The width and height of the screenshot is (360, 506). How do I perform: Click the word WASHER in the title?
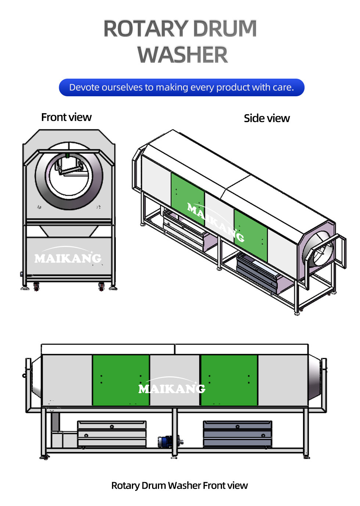click(183, 55)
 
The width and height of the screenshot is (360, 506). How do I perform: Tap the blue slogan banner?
click(181, 87)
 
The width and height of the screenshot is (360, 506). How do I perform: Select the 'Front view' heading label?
click(66, 117)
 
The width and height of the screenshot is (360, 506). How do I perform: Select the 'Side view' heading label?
click(267, 118)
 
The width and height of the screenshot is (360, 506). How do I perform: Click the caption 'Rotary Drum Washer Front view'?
click(179, 485)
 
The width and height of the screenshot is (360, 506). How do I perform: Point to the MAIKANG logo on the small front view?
click(68, 258)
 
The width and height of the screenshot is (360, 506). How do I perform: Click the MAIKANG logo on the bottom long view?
click(172, 388)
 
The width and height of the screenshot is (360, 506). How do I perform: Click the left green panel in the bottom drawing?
click(121, 380)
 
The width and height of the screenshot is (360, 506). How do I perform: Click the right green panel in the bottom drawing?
click(229, 380)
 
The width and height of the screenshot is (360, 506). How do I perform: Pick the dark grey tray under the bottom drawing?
click(237, 434)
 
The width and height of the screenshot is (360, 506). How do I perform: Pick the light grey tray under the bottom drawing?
click(112, 434)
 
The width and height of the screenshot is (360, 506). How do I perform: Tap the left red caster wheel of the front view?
click(36, 286)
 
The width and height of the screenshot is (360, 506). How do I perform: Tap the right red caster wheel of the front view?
click(102, 286)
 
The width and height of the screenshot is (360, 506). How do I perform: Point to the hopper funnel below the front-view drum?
click(69, 231)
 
